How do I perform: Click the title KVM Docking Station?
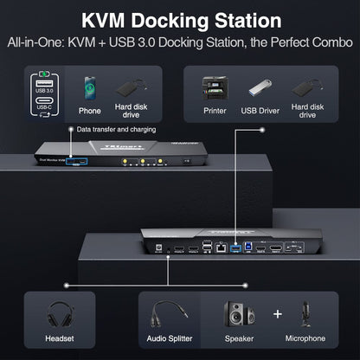(180, 20)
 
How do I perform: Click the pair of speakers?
(241, 312)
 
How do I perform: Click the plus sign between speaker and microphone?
(277, 312)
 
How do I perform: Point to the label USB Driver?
(261, 110)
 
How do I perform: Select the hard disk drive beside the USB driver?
(310, 87)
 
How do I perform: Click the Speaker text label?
(241, 340)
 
